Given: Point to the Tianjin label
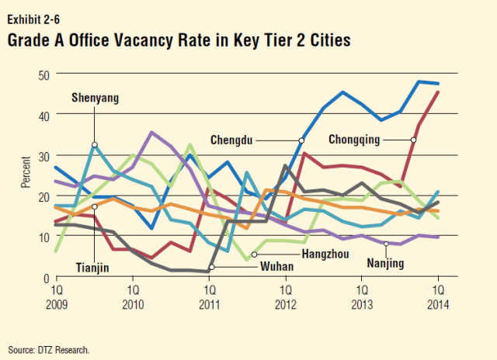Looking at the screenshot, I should pyautogui.click(x=92, y=268).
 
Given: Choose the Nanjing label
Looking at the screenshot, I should pyautogui.click(x=385, y=264).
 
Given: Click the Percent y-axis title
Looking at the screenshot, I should pyautogui.click(x=26, y=175).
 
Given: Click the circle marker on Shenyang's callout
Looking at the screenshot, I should pyautogui.click(x=95, y=144).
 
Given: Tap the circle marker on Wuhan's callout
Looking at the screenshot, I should pyautogui.click(x=211, y=268).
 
